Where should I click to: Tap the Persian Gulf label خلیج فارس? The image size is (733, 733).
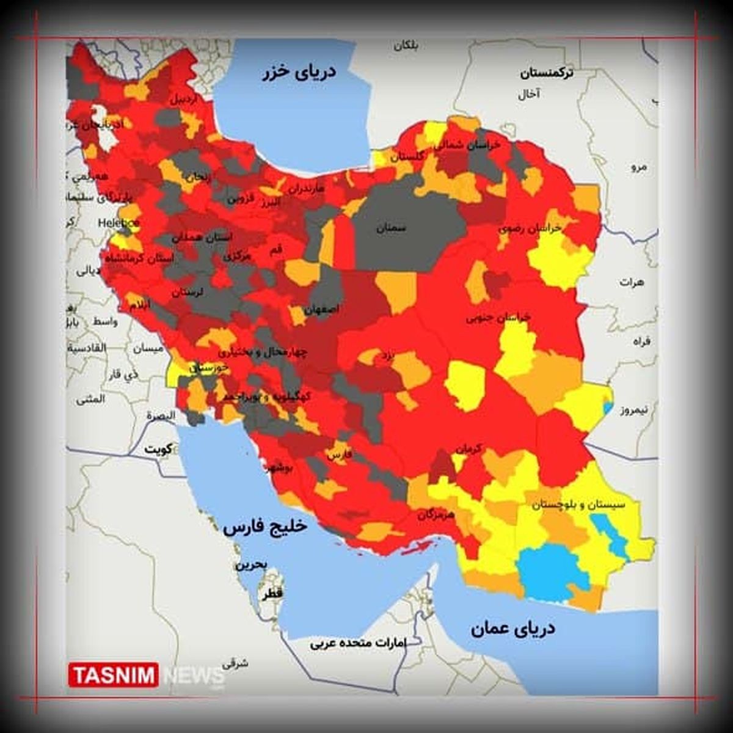click(x=264, y=526)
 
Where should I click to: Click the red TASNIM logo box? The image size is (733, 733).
click(x=114, y=675)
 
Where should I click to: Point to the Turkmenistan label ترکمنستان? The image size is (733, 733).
click(x=547, y=73)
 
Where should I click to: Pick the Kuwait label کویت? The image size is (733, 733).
click(x=158, y=450)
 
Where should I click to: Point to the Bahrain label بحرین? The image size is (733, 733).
click(x=251, y=565)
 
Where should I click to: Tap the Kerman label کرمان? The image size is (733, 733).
click(x=468, y=449)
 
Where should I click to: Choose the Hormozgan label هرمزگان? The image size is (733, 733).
click(x=436, y=515)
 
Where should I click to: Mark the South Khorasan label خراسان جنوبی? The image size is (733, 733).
click(x=498, y=318)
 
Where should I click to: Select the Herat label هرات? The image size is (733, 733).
click(x=632, y=282)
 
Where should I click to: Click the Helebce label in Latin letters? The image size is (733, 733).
click(x=119, y=223)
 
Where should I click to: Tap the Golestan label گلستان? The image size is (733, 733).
click(x=407, y=157)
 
